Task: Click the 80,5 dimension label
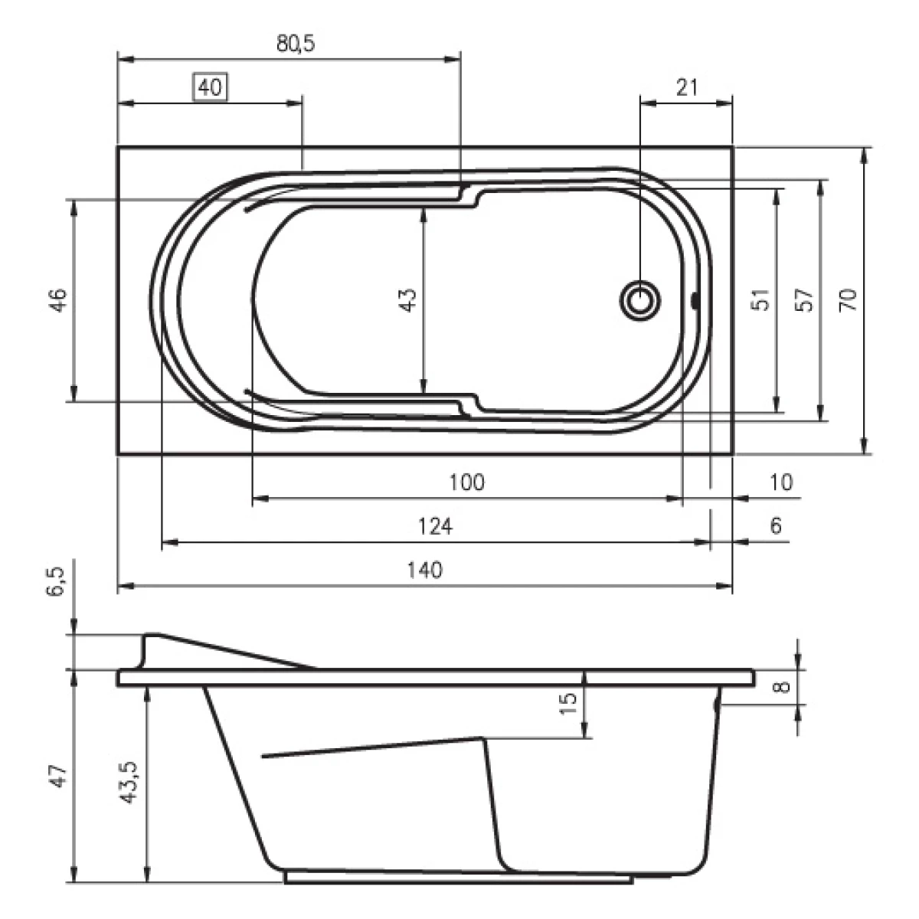[296, 44]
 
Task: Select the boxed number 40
[210, 87]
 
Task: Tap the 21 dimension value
[687, 87]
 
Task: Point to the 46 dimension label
[58, 300]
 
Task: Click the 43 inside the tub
[408, 300]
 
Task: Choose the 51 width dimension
[760, 300]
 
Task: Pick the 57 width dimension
[804, 300]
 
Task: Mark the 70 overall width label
[849, 300]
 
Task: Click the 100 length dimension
[467, 482]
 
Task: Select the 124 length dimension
[435, 526]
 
